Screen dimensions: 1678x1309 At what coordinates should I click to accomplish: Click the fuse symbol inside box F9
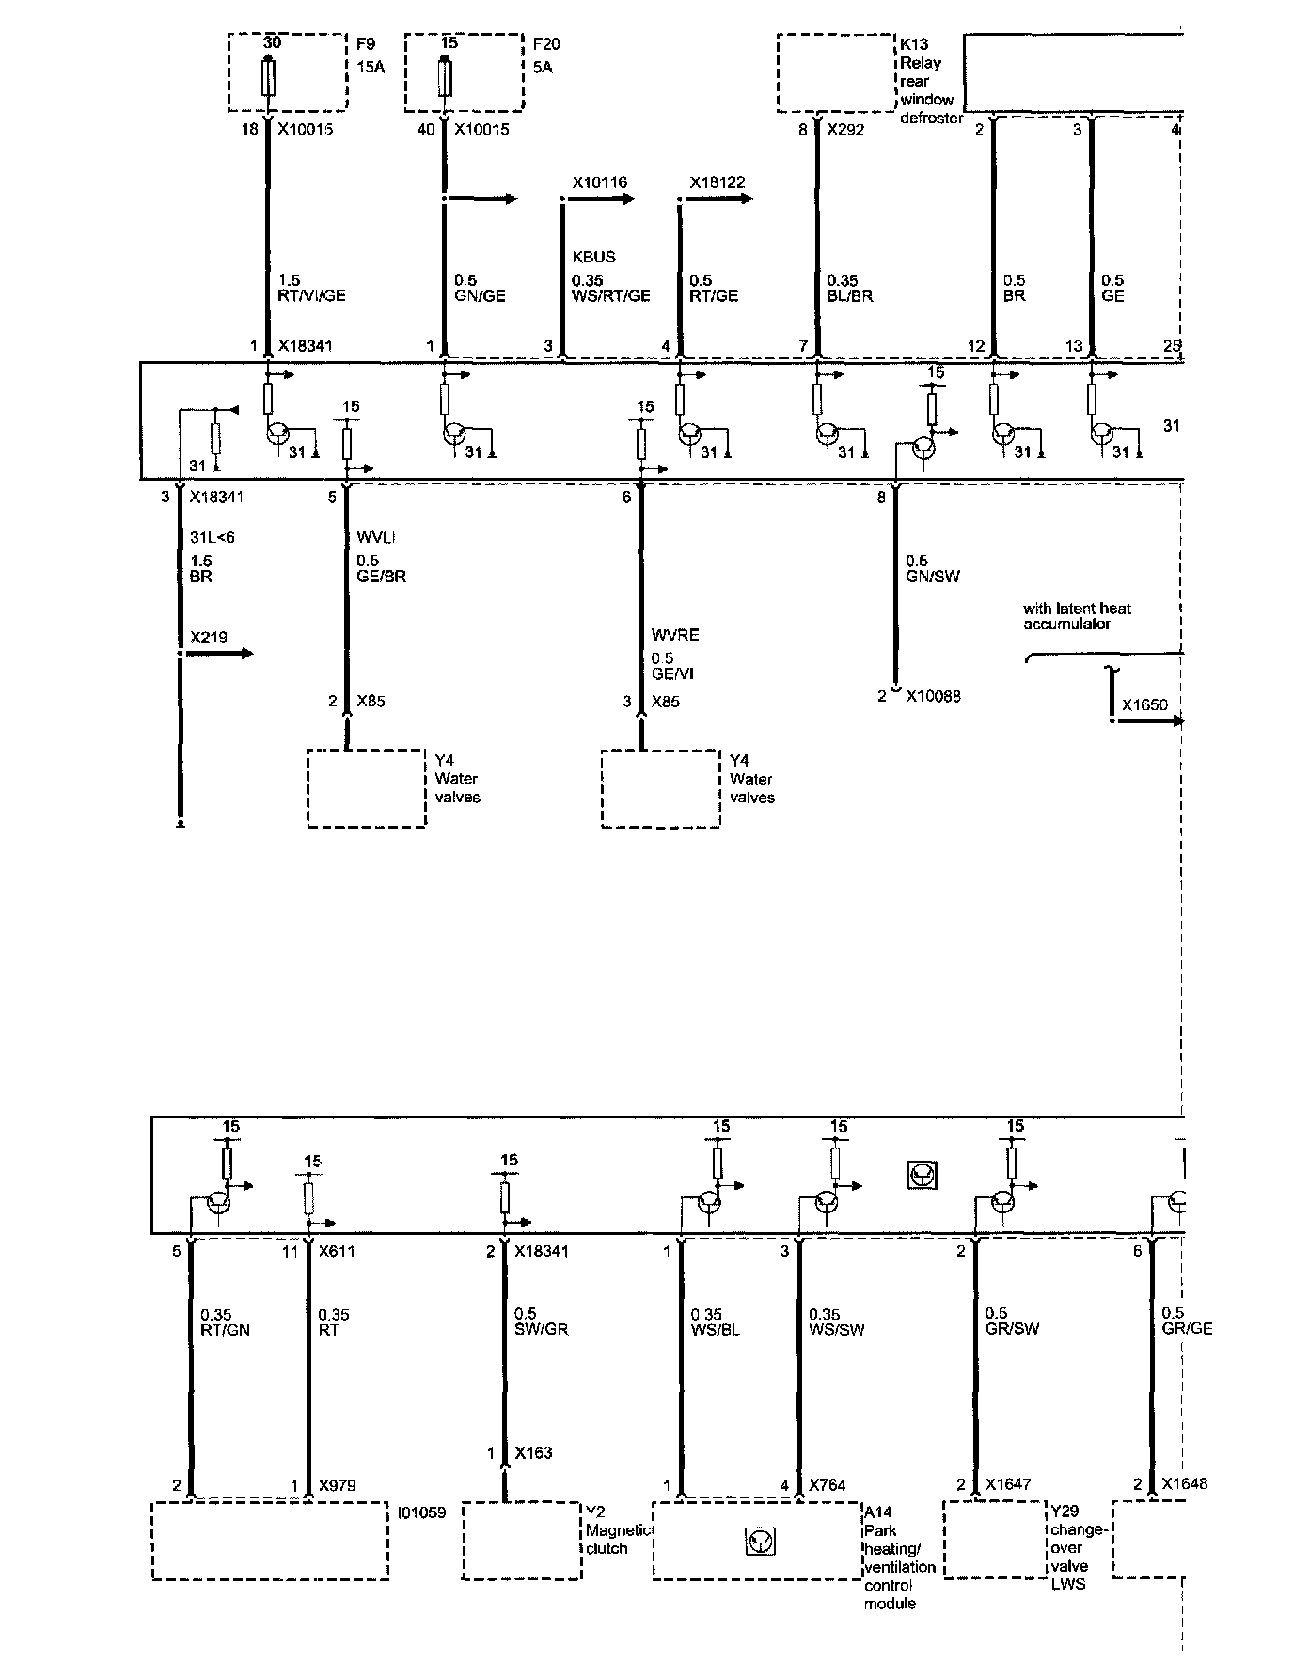[x=270, y=76]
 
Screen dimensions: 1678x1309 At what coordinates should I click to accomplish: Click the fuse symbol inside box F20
[x=445, y=76]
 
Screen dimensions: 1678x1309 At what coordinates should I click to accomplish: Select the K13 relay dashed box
[x=834, y=72]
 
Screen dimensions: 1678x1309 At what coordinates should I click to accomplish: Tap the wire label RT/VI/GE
[x=312, y=295]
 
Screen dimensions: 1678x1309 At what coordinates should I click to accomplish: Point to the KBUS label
[x=593, y=257]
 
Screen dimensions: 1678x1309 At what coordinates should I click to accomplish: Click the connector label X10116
[x=599, y=182]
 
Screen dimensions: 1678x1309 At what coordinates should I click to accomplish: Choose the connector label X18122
[x=718, y=182]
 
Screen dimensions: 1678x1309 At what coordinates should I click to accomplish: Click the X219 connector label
[x=209, y=638]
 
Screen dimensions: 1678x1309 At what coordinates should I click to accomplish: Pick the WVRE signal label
[x=675, y=635]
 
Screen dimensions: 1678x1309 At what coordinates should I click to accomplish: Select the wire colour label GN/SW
[x=933, y=576]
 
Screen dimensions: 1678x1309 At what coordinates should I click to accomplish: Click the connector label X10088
[x=933, y=697]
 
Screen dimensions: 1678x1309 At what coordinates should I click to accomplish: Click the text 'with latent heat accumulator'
[x=1077, y=616]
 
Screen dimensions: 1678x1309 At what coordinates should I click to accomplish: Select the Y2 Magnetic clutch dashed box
[x=521, y=1541]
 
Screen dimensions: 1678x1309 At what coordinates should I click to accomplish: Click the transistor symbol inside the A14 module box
[x=759, y=1541]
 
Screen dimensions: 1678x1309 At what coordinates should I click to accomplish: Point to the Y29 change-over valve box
[x=996, y=1539]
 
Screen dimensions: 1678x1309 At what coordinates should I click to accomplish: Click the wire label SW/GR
[x=542, y=1329]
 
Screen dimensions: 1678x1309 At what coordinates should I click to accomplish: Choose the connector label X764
[x=828, y=1485]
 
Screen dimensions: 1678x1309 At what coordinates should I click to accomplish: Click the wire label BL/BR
[x=850, y=295]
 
